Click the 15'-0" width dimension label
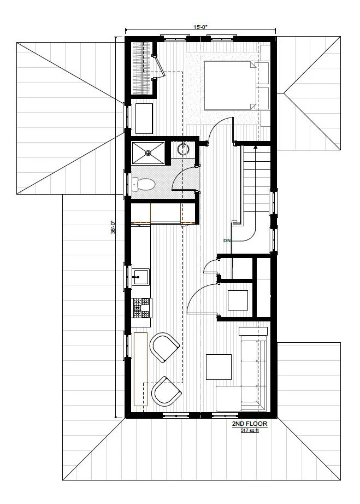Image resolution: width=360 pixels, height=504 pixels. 200,26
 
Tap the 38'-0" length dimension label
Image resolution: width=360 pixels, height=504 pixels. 113,227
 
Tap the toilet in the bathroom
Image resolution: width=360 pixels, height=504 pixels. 145,184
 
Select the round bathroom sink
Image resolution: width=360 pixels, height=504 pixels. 183,149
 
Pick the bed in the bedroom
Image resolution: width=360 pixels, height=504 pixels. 229,85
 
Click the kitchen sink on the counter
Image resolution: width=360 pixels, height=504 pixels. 141,277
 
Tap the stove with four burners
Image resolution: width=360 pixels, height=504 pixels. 141,308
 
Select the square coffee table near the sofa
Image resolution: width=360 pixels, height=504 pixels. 219,367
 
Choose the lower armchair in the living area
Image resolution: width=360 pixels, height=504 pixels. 166,391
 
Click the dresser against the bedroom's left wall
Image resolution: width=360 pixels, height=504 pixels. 144,118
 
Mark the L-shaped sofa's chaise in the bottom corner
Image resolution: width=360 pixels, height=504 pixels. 235,398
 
